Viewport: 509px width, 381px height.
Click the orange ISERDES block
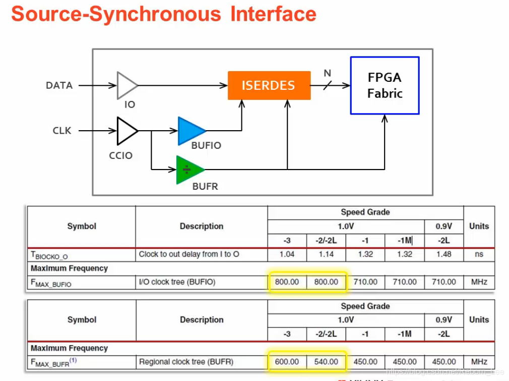point(268,85)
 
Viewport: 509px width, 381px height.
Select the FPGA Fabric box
point(385,85)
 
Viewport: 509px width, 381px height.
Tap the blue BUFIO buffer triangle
point(190,131)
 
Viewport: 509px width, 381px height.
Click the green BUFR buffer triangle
point(189,169)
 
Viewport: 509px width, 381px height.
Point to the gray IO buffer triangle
point(126,85)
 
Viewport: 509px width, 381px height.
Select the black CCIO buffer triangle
point(126,131)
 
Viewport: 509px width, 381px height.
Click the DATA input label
point(59,85)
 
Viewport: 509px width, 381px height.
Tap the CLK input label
point(62,131)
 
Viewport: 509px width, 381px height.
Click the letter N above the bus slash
point(327,74)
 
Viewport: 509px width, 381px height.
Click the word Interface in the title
point(273,14)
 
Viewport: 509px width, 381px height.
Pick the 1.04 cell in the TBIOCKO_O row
point(287,254)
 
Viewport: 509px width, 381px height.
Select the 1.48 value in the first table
point(443,254)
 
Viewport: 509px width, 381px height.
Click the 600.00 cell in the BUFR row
point(287,362)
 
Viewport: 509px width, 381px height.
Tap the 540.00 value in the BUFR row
point(326,362)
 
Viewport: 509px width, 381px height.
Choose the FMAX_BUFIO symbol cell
point(51,283)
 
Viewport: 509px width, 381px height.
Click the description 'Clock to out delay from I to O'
point(189,254)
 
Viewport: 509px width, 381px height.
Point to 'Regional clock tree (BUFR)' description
point(186,362)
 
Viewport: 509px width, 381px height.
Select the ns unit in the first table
point(479,254)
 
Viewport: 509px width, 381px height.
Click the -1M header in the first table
point(404,240)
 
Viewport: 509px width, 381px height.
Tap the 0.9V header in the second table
point(443,319)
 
